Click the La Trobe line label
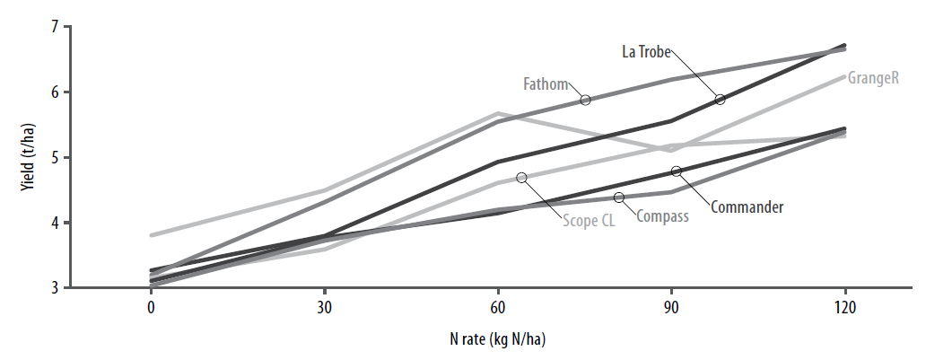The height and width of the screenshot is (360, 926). point(647,51)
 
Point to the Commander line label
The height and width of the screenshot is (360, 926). point(747,207)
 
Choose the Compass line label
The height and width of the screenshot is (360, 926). point(662,215)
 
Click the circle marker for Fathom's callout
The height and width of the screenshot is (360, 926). point(585,100)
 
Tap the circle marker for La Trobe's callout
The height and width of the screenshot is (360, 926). point(720,99)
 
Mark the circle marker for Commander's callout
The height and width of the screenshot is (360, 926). point(677,171)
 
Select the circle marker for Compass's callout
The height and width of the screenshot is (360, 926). point(619,197)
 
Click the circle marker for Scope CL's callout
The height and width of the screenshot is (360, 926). point(521,177)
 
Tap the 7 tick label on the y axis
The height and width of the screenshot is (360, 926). point(53,27)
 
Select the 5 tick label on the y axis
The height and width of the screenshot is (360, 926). point(53,158)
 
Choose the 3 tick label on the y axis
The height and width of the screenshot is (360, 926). point(53,288)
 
